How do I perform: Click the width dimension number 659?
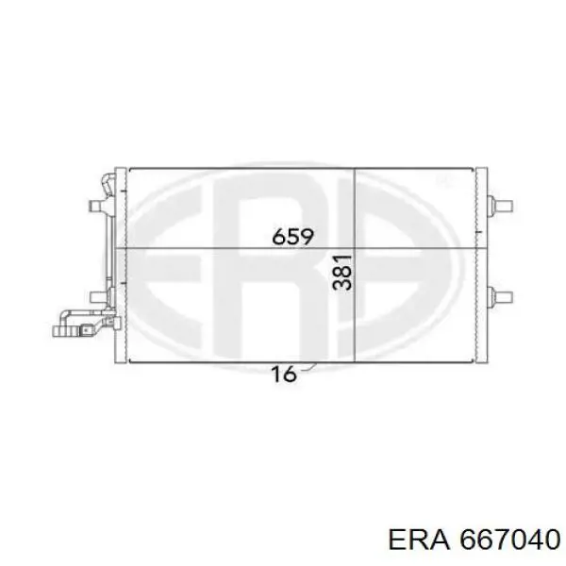point(292,237)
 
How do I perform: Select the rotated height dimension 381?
point(342,273)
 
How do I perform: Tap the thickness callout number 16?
point(284,374)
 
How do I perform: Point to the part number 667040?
point(510,540)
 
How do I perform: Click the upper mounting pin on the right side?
point(500,206)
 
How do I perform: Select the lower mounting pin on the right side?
point(500,297)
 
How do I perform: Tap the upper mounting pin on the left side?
point(98,206)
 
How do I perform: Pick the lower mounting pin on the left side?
point(98,297)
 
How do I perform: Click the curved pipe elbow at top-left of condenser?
point(108,185)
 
